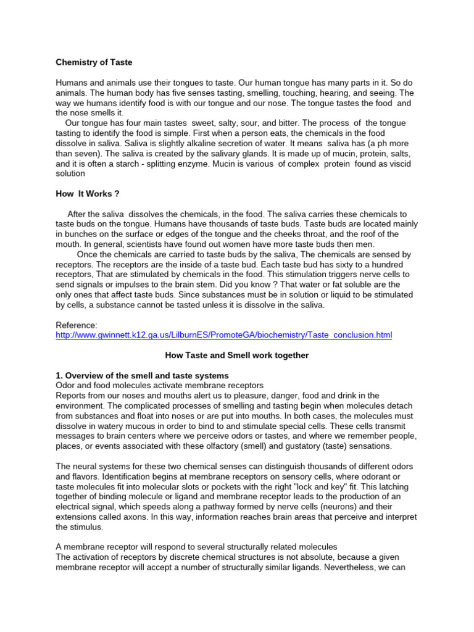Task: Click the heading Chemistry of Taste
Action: pos(94,62)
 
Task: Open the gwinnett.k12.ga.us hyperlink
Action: pos(223,335)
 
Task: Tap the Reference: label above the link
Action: pos(77,325)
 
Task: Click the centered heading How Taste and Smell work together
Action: pos(237,355)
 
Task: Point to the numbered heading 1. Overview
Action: pos(142,375)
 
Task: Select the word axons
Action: pos(130,517)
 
